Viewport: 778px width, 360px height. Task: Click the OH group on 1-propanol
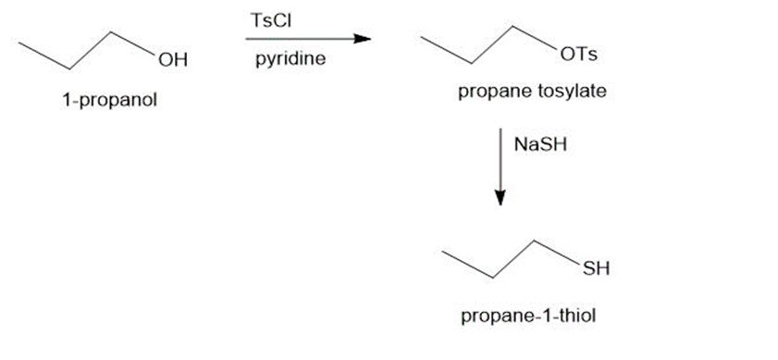[x=173, y=60]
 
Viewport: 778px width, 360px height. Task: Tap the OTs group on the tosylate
[x=578, y=54]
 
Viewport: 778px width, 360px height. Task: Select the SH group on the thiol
[x=596, y=268]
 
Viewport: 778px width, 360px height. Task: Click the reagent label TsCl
[x=271, y=21]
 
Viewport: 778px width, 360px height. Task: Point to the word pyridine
[x=290, y=59]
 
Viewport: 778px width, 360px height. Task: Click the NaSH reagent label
[x=540, y=144]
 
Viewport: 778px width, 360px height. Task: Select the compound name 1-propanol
[x=109, y=100]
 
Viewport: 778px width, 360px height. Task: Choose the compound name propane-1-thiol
[x=528, y=317]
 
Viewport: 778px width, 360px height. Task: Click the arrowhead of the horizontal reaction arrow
[x=363, y=39]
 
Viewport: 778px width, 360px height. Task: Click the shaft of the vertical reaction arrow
[x=500, y=158]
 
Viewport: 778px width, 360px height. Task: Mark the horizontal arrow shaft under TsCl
[x=300, y=39]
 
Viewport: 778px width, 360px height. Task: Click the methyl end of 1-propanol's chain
[x=19, y=43]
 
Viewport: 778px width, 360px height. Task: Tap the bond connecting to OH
[x=133, y=43]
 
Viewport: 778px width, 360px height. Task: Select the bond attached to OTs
[x=536, y=37]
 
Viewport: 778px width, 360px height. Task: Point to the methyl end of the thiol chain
[x=442, y=252]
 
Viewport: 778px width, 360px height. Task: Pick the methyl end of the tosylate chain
[x=421, y=37]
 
